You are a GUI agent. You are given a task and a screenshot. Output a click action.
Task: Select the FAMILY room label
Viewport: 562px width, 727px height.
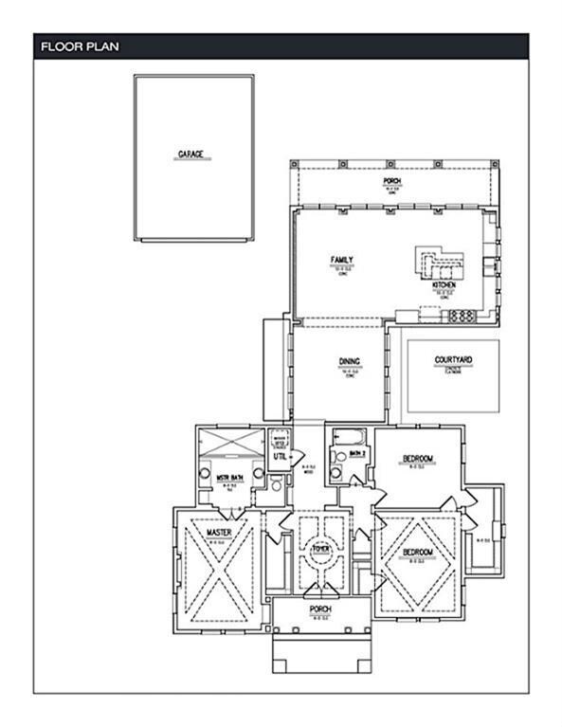click(341, 260)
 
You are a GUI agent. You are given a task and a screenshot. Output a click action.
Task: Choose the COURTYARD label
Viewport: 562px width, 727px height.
click(453, 360)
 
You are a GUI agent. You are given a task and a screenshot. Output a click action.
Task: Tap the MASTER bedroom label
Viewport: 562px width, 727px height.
click(220, 534)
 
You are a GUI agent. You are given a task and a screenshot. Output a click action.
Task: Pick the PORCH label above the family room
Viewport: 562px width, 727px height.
click(391, 181)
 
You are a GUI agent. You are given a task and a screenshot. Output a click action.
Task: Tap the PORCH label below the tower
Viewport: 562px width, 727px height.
click(318, 609)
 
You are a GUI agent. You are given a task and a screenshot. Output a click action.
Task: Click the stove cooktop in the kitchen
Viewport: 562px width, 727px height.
click(461, 315)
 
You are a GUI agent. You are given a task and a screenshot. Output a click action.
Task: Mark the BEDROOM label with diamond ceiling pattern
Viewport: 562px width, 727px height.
click(418, 552)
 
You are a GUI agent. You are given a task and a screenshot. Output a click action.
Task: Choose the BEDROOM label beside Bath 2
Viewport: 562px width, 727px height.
click(418, 459)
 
